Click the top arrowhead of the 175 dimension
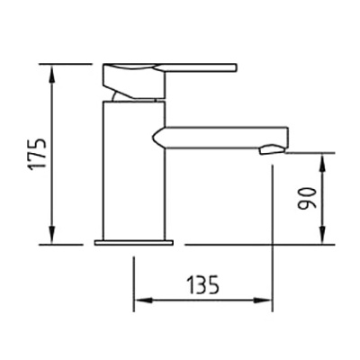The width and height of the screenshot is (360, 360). click(52, 74)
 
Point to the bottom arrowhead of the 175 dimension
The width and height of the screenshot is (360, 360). click(52, 235)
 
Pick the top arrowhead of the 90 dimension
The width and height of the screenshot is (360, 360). click(322, 162)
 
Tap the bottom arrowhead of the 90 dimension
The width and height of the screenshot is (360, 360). click(322, 235)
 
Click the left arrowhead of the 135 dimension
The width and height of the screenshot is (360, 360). click(144, 301)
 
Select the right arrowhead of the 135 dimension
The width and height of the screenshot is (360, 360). click(263, 301)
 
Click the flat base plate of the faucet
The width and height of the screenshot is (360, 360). click(134, 243)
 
